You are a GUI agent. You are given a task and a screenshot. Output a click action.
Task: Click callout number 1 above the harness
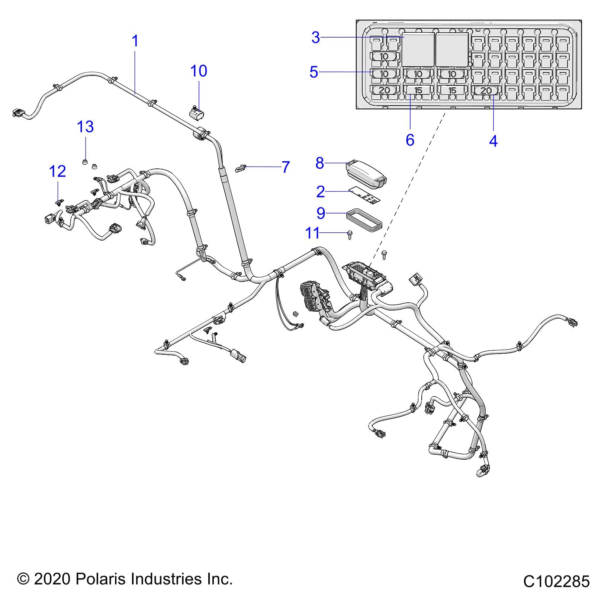[x=135, y=41]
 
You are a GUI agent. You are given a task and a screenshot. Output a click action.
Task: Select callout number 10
[x=199, y=71]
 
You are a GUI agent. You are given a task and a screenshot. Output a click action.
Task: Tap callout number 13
[x=85, y=127]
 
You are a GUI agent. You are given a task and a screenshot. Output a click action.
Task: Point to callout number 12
[x=58, y=171]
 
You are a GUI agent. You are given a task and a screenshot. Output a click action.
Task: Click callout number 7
[x=286, y=167]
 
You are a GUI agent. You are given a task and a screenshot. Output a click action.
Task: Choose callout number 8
[x=320, y=163]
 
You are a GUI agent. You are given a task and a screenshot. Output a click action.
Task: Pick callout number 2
[x=321, y=192]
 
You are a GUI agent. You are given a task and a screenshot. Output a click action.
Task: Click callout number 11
[x=312, y=233]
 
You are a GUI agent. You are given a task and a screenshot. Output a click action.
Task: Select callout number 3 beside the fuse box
[x=316, y=37]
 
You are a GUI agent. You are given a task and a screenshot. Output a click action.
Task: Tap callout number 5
[x=314, y=72]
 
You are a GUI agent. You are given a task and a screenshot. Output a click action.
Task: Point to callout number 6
[x=410, y=140]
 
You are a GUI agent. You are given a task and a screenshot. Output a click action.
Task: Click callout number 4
[x=493, y=141]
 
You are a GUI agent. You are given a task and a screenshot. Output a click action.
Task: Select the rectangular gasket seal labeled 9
[x=364, y=219]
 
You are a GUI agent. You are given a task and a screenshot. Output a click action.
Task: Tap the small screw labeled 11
[x=350, y=235]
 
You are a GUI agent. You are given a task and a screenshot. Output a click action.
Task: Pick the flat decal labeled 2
[x=366, y=196]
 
